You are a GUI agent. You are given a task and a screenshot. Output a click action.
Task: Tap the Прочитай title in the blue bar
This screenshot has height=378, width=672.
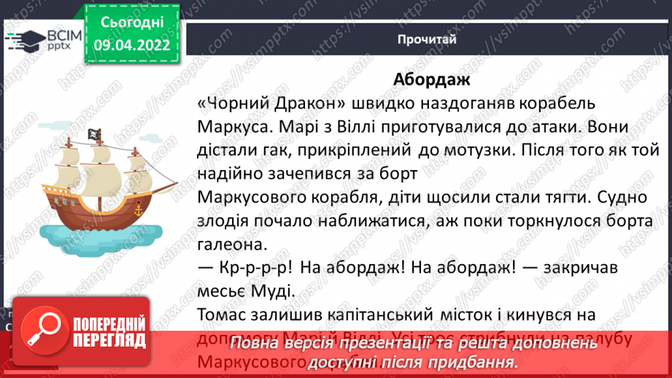pyautogui.click(x=428, y=39)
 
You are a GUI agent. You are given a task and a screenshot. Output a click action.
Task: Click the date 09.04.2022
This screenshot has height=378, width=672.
pyautogui.click(x=131, y=45)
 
